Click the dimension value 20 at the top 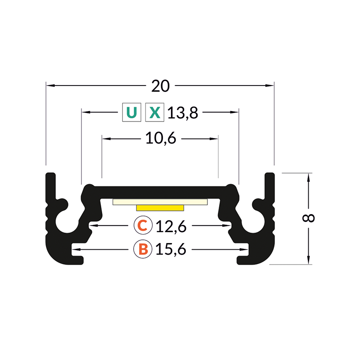click(x=160, y=85)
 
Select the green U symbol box click(x=131, y=112)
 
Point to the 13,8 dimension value click(x=183, y=112)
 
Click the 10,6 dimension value click(x=160, y=139)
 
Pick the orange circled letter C click(x=142, y=226)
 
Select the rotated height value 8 click(x=309, y=218)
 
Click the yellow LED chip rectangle click(x=160, y=207)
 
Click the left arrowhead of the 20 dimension click(x=49, y=85)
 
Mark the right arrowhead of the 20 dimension click(x=270, y=85)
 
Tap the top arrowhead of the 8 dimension click(x=309, y=176)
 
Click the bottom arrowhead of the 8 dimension click(x=309, y=260)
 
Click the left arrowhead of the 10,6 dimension click(x=105, y=139)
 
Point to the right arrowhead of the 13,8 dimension click(x=235, y=112)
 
